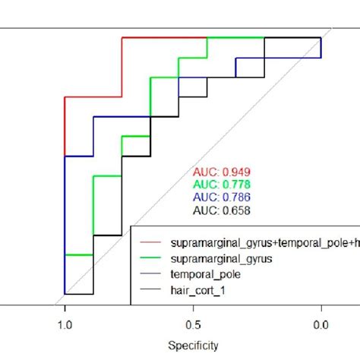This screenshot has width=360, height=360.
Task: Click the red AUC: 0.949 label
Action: [223, 172]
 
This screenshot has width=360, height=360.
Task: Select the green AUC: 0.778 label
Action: [223, 185]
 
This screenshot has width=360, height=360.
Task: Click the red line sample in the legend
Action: [152, 242]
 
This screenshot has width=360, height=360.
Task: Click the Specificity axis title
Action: [193, 346]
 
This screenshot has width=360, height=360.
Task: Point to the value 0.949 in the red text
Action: [236, 172]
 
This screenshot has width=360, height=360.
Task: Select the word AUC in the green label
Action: [207, 185]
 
